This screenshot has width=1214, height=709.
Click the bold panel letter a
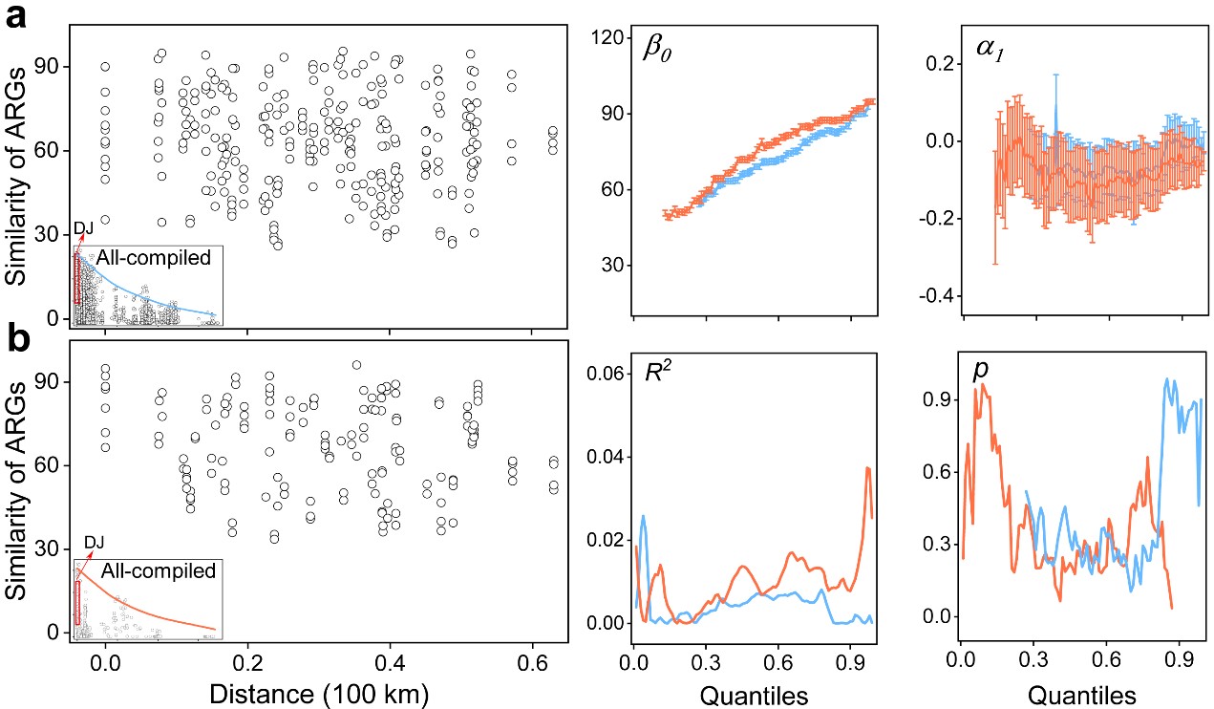tap(21, 19)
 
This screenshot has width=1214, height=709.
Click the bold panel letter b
tap(21, 340)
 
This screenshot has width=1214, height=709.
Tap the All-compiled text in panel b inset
tap(159, 570)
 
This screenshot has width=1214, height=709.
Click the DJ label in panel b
tap(95, 544)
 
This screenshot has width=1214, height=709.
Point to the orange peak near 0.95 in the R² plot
tap(867, 468)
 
